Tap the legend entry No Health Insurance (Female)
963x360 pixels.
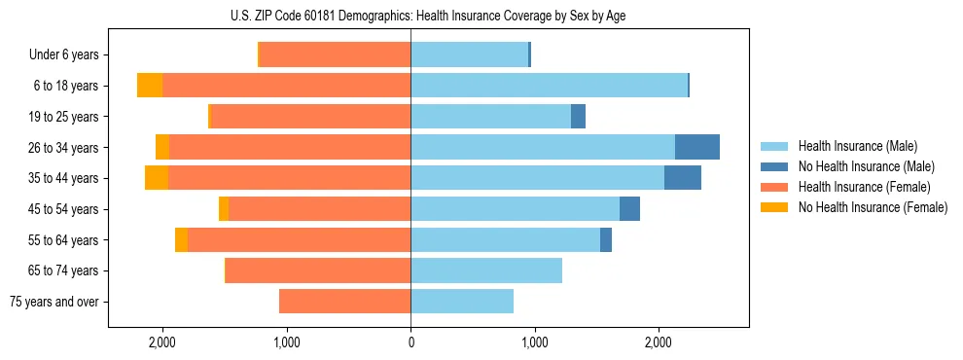pos(873,207)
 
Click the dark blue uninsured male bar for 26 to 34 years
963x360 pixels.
pos(697,147)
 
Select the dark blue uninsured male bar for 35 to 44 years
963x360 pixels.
pos(683,178)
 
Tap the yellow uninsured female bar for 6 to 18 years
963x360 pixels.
pos(150,86)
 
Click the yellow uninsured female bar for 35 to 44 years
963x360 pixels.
pos(157,178)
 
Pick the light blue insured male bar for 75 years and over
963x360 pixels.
pos(462,302)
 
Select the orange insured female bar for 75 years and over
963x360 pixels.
pos(344,302)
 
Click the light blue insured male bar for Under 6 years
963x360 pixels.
pos(469,55)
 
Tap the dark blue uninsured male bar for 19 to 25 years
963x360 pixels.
pos(578,117)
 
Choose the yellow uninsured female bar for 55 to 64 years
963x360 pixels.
pos(181,239)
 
